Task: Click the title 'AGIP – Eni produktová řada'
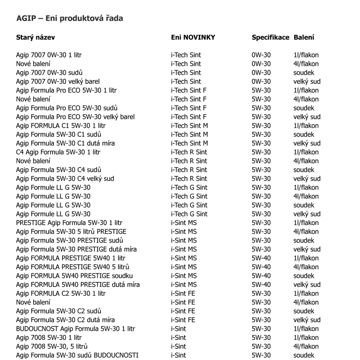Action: tap(69, 18)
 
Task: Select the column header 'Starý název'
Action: tap(35, 37)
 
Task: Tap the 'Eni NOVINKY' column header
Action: tap(193, 37)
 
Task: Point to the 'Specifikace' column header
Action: tap(270, 37)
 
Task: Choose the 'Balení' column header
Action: tap(304, 37)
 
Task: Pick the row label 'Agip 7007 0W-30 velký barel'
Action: tap(58, 82)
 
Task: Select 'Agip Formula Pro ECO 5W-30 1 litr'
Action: tap(66, 90)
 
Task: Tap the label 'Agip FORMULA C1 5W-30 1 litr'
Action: tap(61, 126)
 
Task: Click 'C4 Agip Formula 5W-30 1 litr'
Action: tap(58, 152)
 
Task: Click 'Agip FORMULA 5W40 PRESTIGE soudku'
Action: tap(75, 276)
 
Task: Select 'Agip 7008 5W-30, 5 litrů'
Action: tap(52, 346)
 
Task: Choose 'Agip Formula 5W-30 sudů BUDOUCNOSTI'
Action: tap(77, 355)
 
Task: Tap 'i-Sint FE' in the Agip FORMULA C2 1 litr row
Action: tap(183, 293)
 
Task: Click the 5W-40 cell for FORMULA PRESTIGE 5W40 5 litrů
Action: tap(261, 267)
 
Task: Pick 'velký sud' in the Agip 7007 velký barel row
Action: tap(307, 82)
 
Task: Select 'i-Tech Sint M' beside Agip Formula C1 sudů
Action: tap(189, 135)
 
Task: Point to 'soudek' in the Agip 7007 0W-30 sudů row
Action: tap(303, 73)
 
